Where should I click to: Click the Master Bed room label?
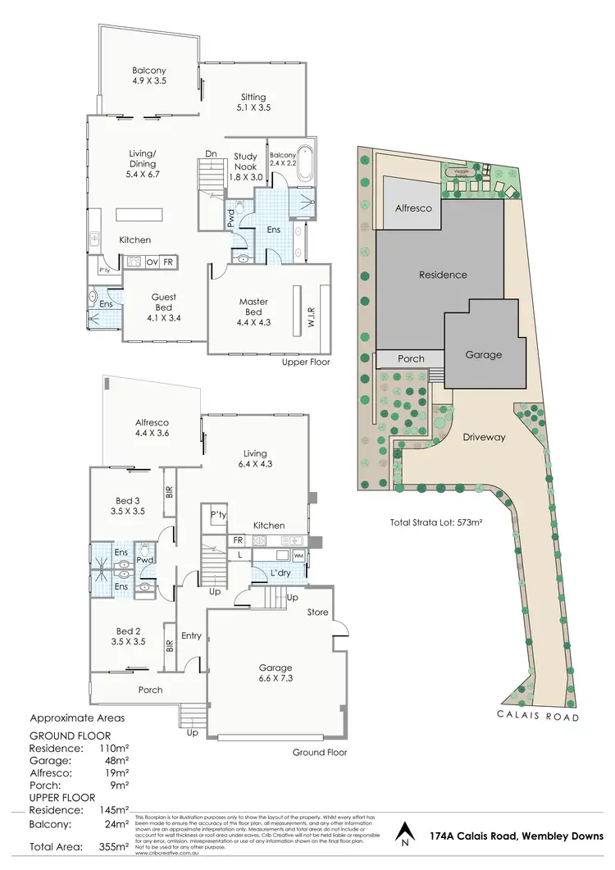tap(253, 302)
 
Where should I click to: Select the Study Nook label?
tap(245, 161)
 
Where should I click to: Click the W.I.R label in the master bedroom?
tap(311, 311)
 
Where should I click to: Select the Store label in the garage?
tap(317, 613)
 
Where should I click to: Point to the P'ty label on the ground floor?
tap(218, 515)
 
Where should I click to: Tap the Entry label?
tap(191, 635)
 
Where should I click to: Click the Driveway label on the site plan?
tap(483, 437)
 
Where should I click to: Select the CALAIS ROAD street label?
tap(539, 717)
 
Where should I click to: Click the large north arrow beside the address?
tap(402, 834)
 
